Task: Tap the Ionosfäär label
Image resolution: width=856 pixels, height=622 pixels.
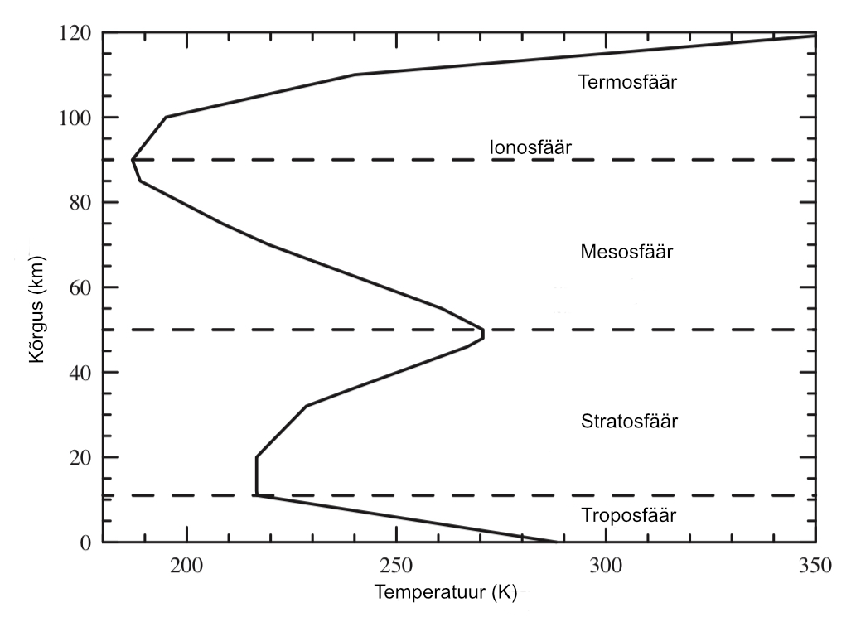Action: pos(530,147)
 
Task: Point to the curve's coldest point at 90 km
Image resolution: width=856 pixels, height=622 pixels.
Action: pos(133,160)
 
